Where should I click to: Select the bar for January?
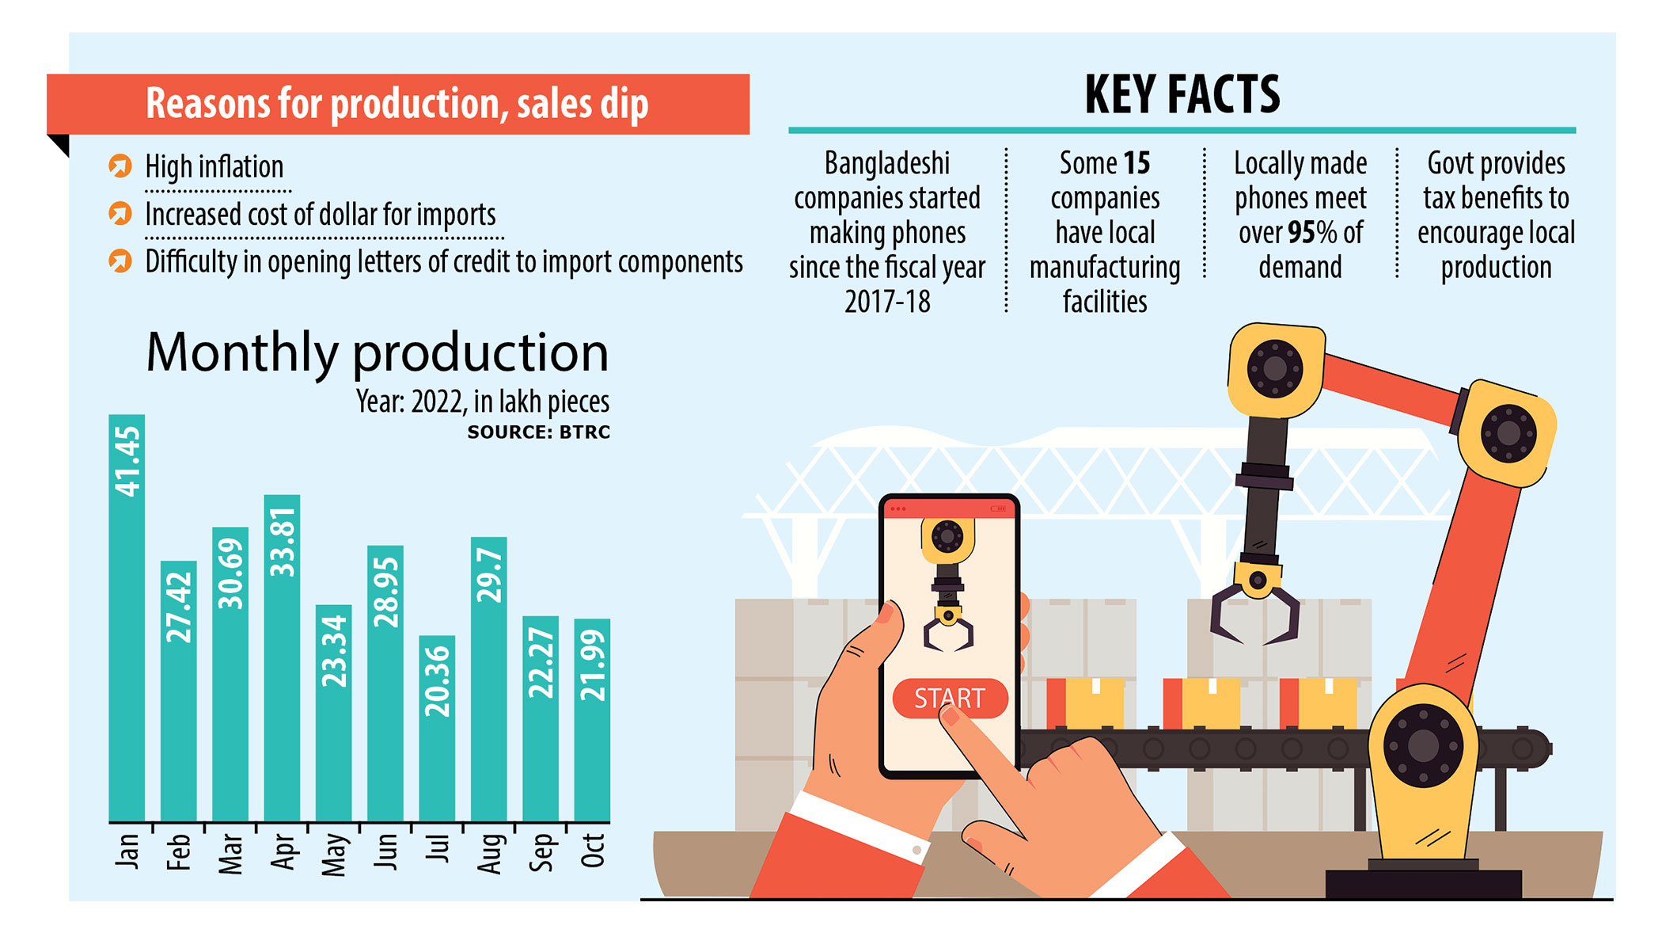point(127,618)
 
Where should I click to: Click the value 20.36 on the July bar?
point(437,682)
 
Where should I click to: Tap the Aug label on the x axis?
point(489,853)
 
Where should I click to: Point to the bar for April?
point(282,657)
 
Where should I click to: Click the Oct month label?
point(593,850)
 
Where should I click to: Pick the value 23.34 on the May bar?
point(334,651)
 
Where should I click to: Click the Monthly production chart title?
point(378,352)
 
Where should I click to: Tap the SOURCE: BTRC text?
point(538,432)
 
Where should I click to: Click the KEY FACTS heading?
point(1182,94)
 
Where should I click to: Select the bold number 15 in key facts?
point(1136,164)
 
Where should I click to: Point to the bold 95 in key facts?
point(1301,233)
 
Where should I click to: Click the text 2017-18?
point(887,302)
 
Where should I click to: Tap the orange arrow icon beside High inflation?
point(120,166)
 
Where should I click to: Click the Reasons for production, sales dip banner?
point(397,104)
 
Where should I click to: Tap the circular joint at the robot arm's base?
point(1423,746)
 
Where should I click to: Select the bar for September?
point(541,718)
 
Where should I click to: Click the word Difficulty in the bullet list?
point(191,262)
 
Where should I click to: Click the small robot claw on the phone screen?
point(948,630)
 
